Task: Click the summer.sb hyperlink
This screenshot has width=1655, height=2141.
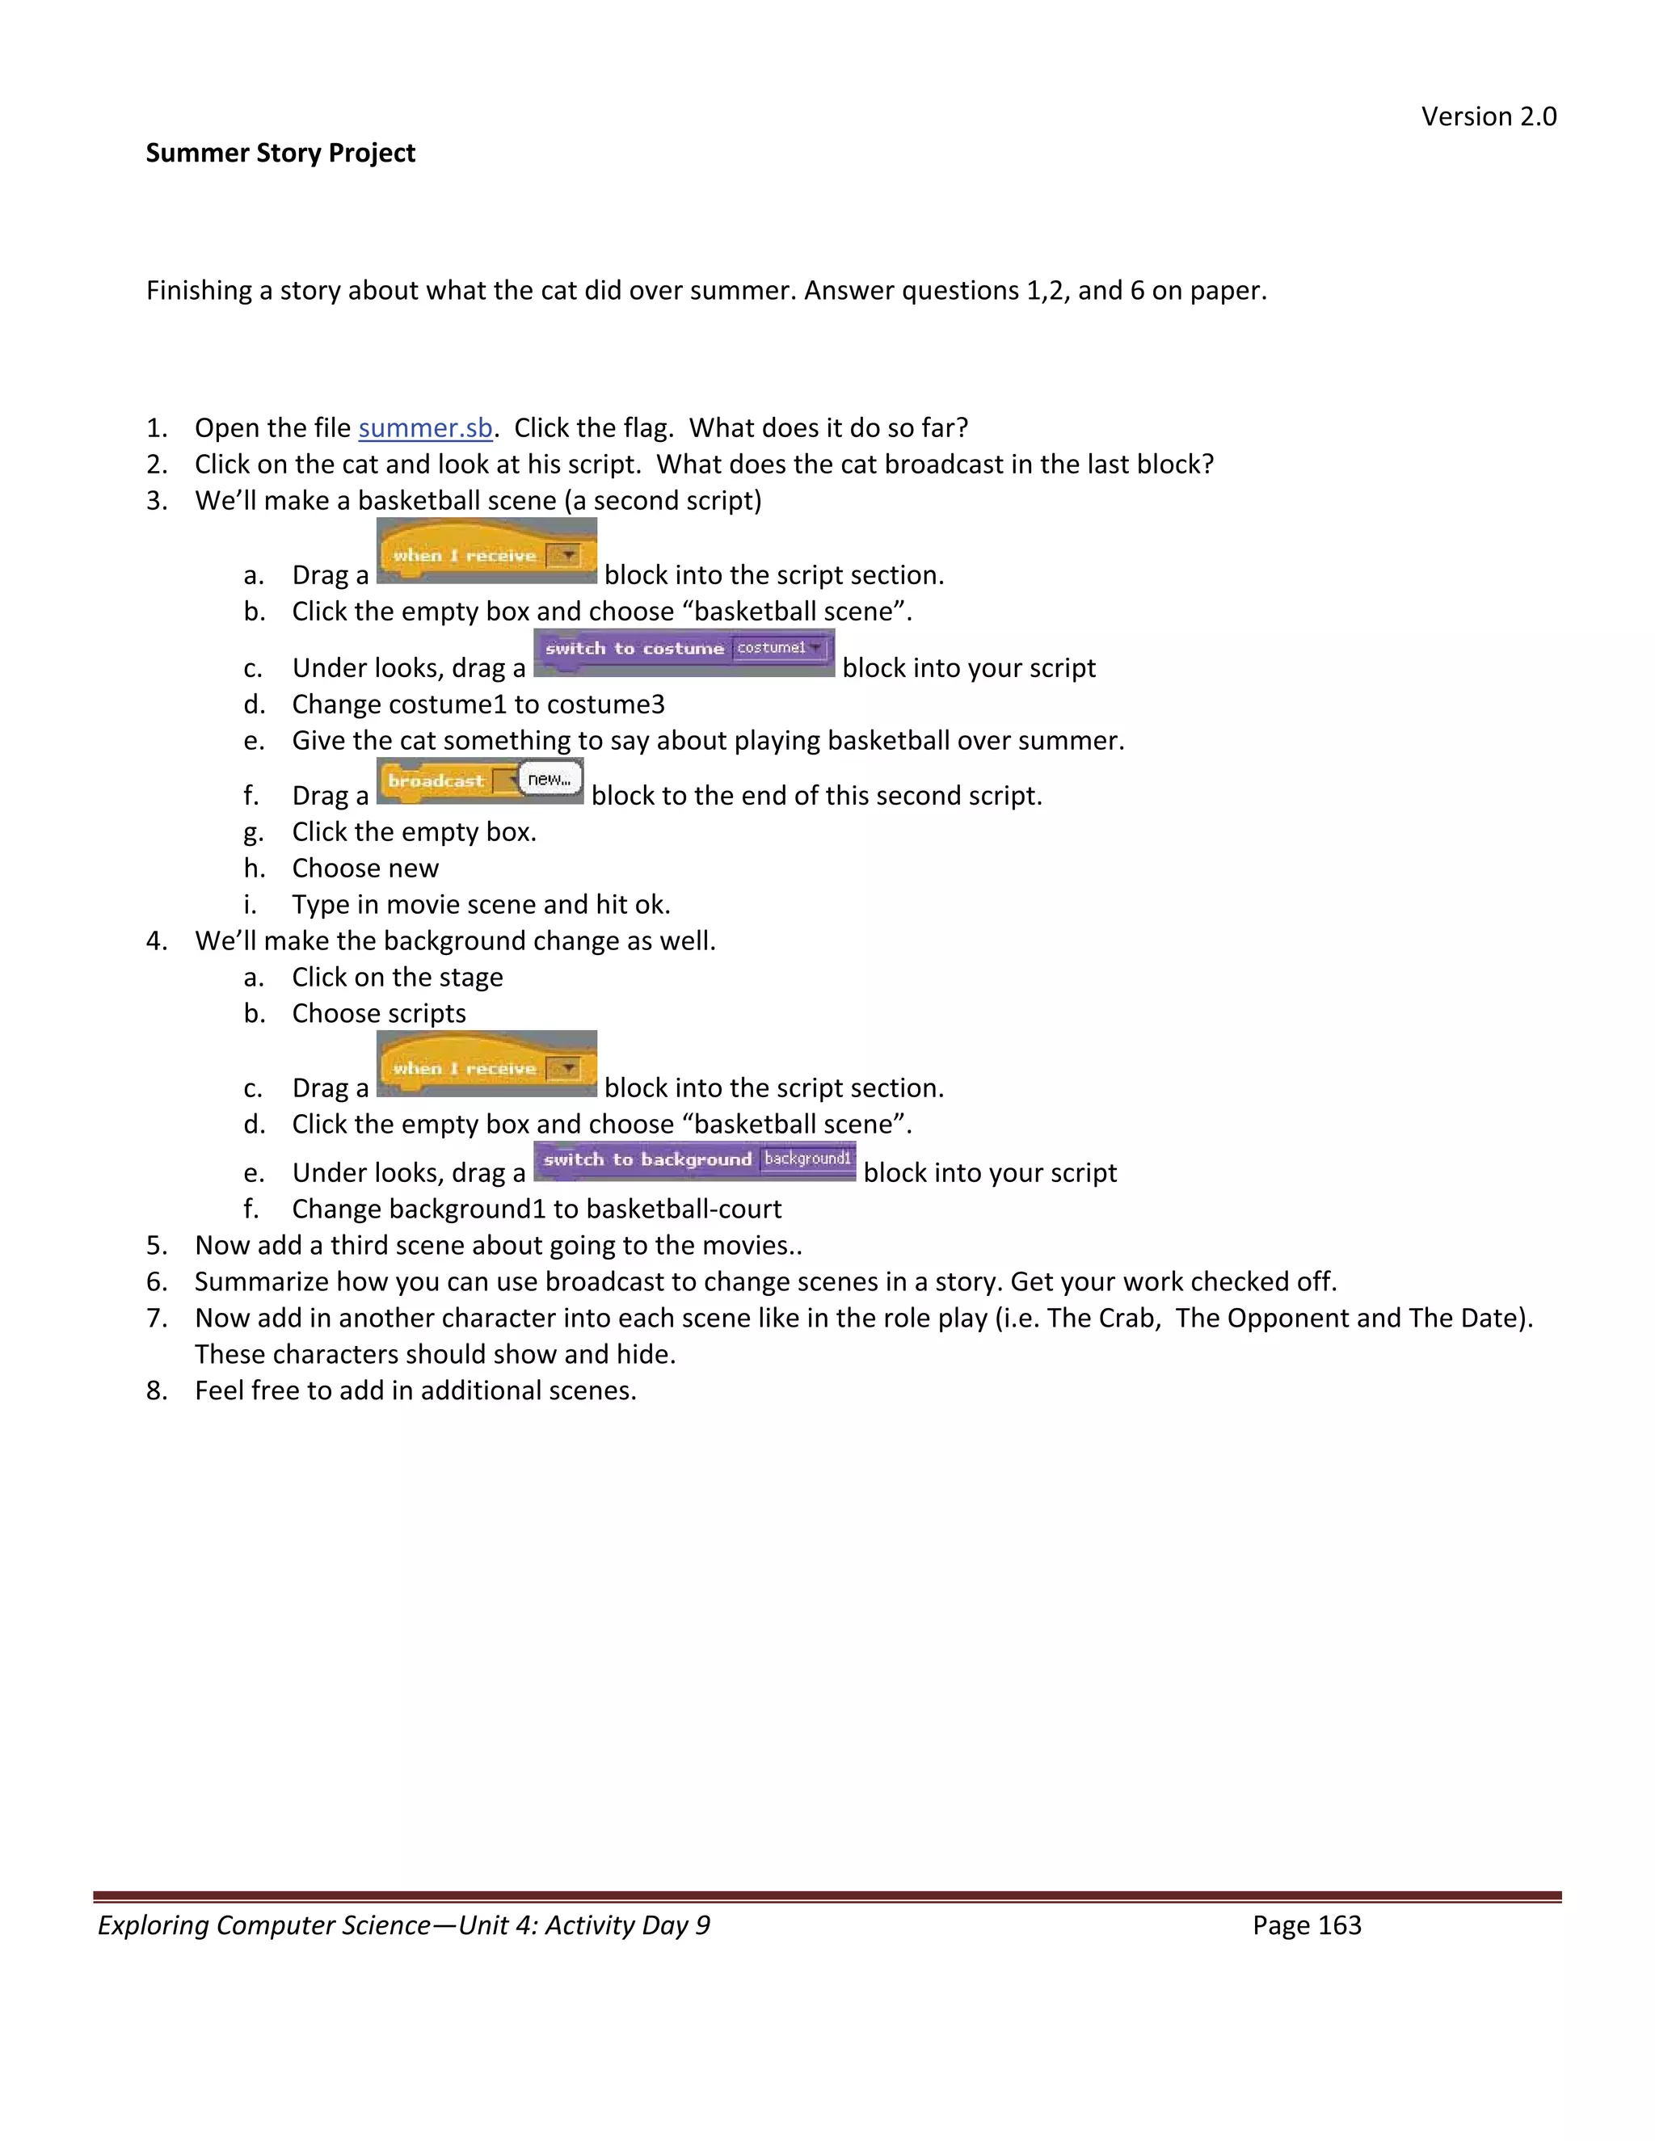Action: (424, 428)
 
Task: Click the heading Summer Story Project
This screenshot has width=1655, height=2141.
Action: (280, 153)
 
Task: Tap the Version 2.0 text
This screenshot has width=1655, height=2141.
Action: (1489, 116)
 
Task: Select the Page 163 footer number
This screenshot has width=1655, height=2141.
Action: (1306, 1925)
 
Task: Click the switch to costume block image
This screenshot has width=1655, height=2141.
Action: (684, 652)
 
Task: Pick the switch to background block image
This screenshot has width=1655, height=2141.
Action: (694, 1161)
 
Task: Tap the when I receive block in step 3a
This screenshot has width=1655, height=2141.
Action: (486, 553)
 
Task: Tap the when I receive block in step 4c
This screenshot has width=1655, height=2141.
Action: (486, 1066)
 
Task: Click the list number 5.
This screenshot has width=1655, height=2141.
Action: (156, 1246)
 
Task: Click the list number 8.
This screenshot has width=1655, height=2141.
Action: (156, 1391)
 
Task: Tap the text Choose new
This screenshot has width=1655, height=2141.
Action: (364, 869)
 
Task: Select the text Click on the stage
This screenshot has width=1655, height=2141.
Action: (397, 978)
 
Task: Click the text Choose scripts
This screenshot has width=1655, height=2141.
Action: (378, 1014)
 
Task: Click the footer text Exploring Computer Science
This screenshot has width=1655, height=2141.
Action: (263, 1925)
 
